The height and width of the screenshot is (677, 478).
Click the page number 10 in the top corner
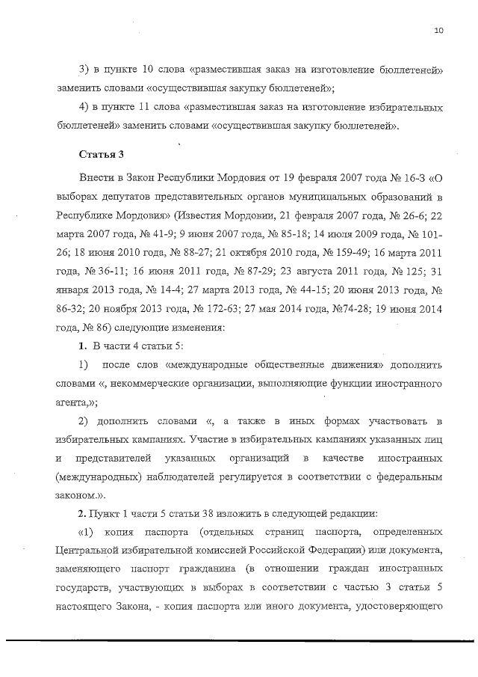coord(438,31)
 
